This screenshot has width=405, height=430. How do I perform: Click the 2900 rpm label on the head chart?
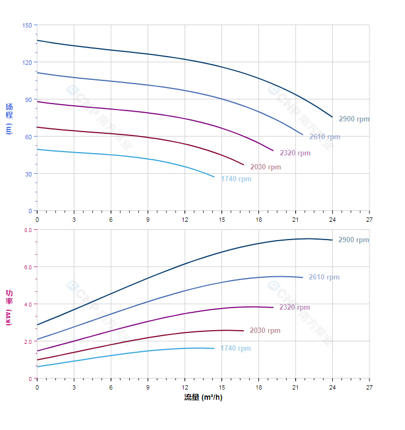tap(354, 119)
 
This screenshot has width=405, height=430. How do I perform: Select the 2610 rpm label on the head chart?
tap(324, 137)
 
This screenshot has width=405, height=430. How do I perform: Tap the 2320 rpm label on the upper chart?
tap(295, 153)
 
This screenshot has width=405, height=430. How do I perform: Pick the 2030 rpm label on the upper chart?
tap(266, 167)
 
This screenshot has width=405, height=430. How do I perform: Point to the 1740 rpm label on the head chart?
tap(236, 179)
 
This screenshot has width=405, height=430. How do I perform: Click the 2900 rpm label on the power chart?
tap(353, 240)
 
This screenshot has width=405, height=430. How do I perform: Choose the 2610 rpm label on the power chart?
tap(324, 277)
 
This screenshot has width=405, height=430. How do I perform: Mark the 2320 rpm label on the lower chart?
tap(294, 308)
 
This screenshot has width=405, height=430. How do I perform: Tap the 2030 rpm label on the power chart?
tap(265, 331)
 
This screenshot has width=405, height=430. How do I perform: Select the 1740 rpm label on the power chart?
tap(235, 349)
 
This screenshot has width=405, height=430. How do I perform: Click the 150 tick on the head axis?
tap(27, 25)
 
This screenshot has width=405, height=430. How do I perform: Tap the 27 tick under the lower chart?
tap(369, 387)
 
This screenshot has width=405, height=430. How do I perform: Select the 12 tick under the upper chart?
tap(185, 220)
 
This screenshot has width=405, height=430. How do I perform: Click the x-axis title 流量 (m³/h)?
tap(203, 398)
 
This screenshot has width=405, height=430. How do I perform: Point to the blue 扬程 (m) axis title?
tap(9, 118)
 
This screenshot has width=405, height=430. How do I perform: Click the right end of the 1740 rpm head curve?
tap(214, 177)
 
